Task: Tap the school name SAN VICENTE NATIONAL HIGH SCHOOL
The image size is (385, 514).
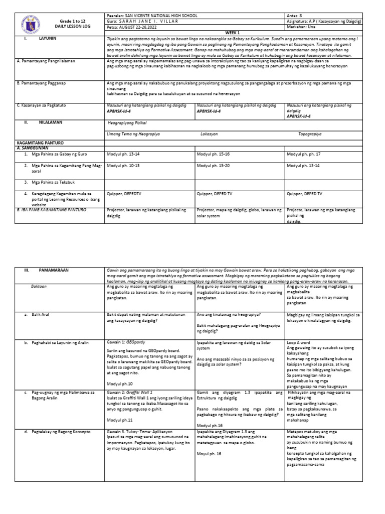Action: pyautogui.click(x=152, y=16)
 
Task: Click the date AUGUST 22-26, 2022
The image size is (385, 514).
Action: pyautogui.click(x=138, y=28)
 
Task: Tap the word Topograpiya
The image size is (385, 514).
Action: pyautogui.click(x=310, y=135)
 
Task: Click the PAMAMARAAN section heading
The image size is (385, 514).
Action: pyautogui.click(x=54, y=270)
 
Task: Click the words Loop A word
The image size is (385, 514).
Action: pyautogui.click(x=299, y=341)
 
